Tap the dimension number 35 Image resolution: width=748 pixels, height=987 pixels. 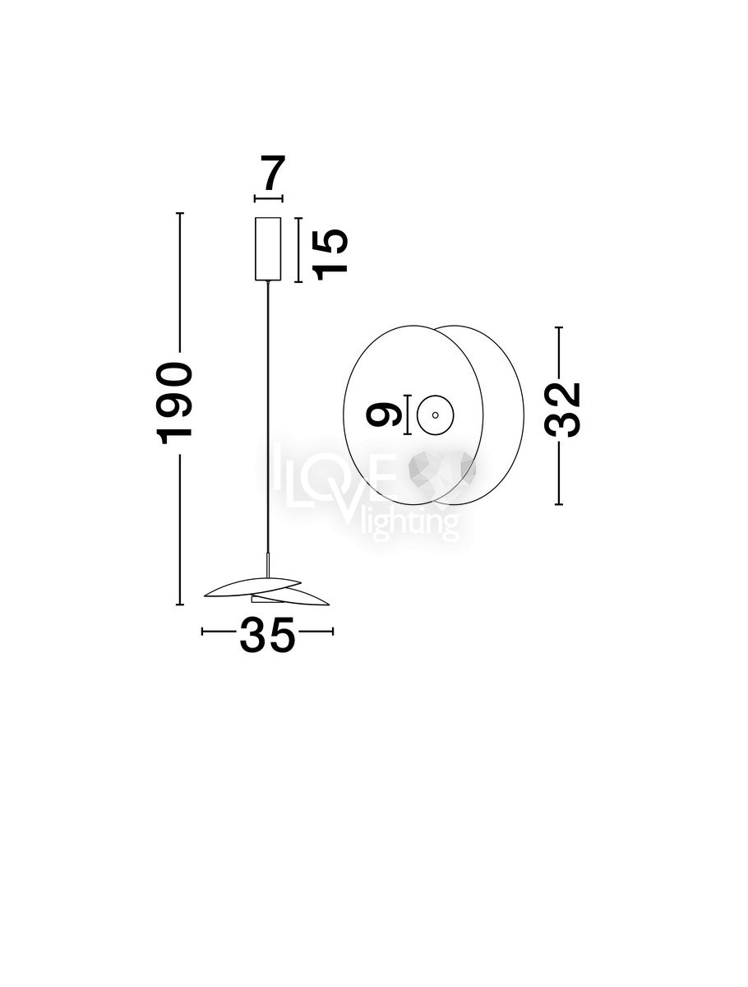(x=268, y=634)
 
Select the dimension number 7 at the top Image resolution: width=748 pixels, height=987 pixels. (x=274, y=173)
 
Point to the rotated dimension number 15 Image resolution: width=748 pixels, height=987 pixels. (x=331, y=254)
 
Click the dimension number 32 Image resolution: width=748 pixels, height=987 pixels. (x=562, y=409)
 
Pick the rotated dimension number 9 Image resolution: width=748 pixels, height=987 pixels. (x=383, y=415)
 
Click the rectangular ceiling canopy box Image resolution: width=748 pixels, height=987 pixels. (x=268, y=248)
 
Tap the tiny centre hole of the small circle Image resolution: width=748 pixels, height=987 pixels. (x=435, y=415)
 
